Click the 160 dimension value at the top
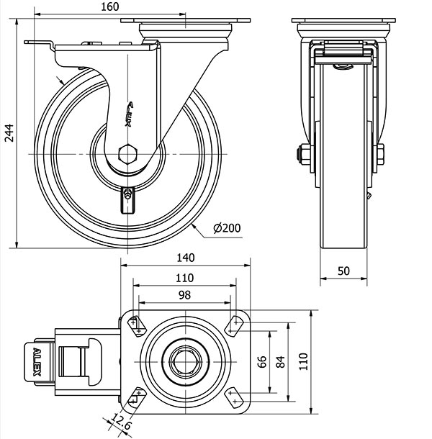[109, 7]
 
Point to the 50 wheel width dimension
[343, 270]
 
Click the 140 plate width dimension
[185, 258]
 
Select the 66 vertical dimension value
[262, 361]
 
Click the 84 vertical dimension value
[279, 361]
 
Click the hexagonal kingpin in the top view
[185, 361]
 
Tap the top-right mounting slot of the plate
[234, 325]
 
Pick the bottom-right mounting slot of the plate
[234, 397]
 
